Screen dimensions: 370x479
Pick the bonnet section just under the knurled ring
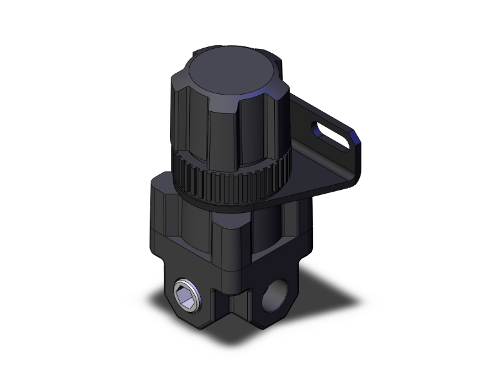pyautogui.click(x=212, y=219)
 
